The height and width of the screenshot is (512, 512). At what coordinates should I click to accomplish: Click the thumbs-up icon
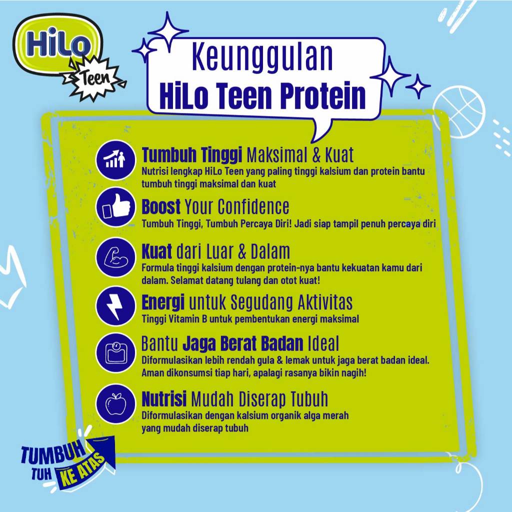pyautogui.click(x=115, y=208)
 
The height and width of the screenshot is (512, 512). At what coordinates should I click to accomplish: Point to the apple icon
pyautogui.click(x=115, y=403)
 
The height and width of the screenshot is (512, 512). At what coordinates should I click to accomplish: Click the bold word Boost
pyautogui.click(x=161, y=206)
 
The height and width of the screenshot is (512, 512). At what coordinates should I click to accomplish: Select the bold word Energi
pyautogui.click(x=163, y=302)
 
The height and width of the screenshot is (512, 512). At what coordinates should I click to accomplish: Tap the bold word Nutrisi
pyautogui.click(x=164, y=399)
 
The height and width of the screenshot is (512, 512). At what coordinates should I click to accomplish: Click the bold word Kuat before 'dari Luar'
pyautogui.click(x=157, y=250)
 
